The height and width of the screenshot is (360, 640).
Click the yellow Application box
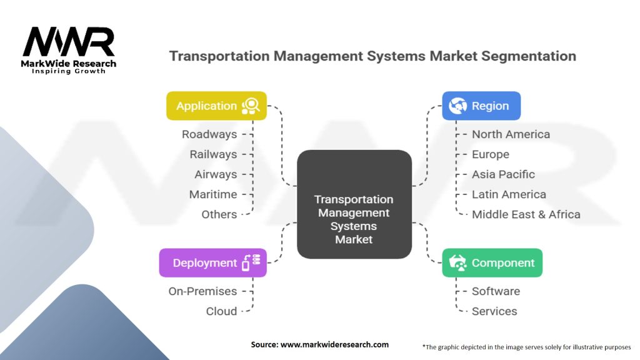pos(216,106)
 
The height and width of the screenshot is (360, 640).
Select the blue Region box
pos(481,106)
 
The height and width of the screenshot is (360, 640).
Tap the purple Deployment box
pos(212,263)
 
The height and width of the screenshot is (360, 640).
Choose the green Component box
pos(492,263)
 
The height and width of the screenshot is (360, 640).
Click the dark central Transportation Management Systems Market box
pos(354,204)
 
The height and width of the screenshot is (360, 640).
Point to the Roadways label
pos(209,134)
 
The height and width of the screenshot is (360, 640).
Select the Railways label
pos(213,154)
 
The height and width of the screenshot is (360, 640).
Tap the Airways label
pos(216,174)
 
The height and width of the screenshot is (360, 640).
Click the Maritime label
pos(213,194)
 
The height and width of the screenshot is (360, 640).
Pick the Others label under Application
pos(219,214)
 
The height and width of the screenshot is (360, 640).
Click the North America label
pos(511,134)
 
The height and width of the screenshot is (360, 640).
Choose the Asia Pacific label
pos(503,174)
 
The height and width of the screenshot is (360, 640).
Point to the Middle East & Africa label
pos(526,214)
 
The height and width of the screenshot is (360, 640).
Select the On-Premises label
pos(202,291)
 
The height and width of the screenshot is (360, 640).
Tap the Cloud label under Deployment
pos(221,311)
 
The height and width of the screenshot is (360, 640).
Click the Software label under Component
pos(496,291)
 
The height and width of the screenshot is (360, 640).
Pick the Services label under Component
pos(494,311)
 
